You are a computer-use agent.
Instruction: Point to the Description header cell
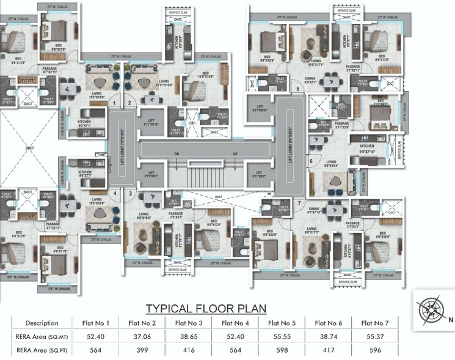pyautogui.click(x=42, y=323)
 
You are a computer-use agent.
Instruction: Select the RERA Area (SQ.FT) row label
pyautogui.click(x=42, y=350)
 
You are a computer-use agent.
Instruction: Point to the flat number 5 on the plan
pyautogui.click(x=297, y=89)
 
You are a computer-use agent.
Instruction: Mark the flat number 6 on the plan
pyautogui.click(x=311, y=161)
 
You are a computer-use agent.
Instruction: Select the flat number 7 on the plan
pyautogui.click(x=299, y=202)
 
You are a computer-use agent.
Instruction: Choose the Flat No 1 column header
pyautogui.click(x=95, y=323)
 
